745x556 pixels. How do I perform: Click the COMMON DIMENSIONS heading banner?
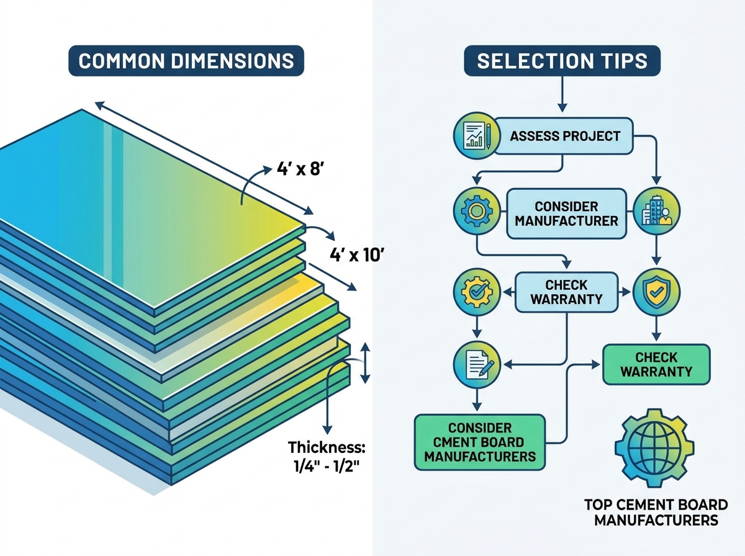[186, 60]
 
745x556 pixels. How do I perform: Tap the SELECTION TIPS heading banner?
[562, 60]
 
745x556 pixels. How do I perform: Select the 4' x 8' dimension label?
[299, 168]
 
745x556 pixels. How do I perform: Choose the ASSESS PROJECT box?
[564, 136]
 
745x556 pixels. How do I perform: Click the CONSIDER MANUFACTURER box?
[566, 213]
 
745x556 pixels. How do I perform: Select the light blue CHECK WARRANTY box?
[566, 292]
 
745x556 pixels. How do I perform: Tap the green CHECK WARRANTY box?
[656, 365]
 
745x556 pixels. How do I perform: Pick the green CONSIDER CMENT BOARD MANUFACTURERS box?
[479, 442]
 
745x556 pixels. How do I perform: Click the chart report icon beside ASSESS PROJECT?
[477, 136]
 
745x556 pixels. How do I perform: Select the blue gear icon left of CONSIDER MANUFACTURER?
[477, 212]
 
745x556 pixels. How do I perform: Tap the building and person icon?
[657, 212]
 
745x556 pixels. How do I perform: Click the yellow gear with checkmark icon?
[477, 292]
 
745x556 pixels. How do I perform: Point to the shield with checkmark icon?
[657, 292]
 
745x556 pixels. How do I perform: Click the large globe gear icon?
[654, 449]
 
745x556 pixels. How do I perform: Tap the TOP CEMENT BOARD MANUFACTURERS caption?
[656, 513]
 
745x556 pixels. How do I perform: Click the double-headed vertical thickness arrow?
[364, 363]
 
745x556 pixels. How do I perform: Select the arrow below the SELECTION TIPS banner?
[562, 94]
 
